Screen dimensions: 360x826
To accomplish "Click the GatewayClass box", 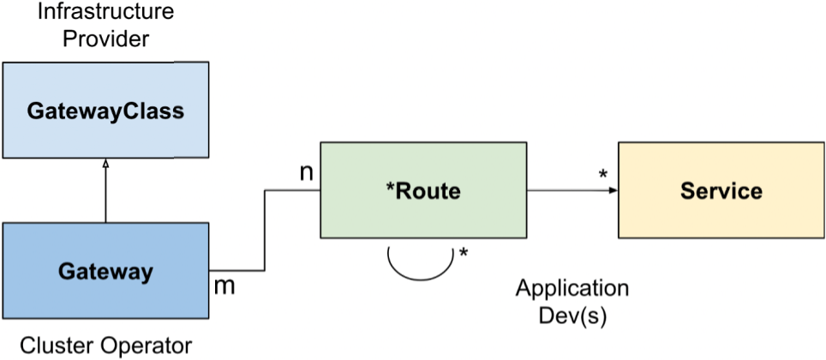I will click(105, 111).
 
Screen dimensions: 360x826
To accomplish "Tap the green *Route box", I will click(422, 190).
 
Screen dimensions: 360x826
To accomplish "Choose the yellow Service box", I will click(721, 190).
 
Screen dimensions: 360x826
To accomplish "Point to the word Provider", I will click(105, 39).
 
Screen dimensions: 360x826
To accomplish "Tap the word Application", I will click(572, 288).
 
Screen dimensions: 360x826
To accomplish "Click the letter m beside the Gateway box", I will click(224, 285).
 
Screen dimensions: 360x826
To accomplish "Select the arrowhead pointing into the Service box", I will click(613, 190).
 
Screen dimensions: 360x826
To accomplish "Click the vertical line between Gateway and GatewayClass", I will click(105, 193).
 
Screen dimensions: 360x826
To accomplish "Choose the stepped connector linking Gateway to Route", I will click(265, 231).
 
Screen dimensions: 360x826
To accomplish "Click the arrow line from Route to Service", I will click(570, 190).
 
